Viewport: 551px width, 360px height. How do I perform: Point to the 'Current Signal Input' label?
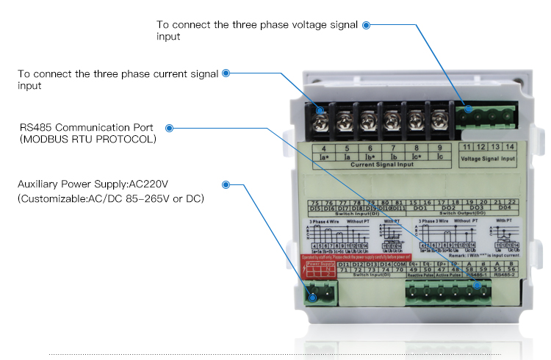pos(381,165)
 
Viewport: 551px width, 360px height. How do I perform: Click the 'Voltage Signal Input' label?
pos(489,157)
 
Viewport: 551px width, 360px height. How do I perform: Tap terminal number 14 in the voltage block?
pos(509,148)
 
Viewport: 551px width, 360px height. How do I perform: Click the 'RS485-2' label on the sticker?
pos(505,277)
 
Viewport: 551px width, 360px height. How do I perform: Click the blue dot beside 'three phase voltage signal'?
pos(366,24)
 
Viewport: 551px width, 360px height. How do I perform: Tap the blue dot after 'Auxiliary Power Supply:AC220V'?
pos(226,184)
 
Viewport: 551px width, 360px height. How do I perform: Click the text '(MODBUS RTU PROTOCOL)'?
pos(87,138)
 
